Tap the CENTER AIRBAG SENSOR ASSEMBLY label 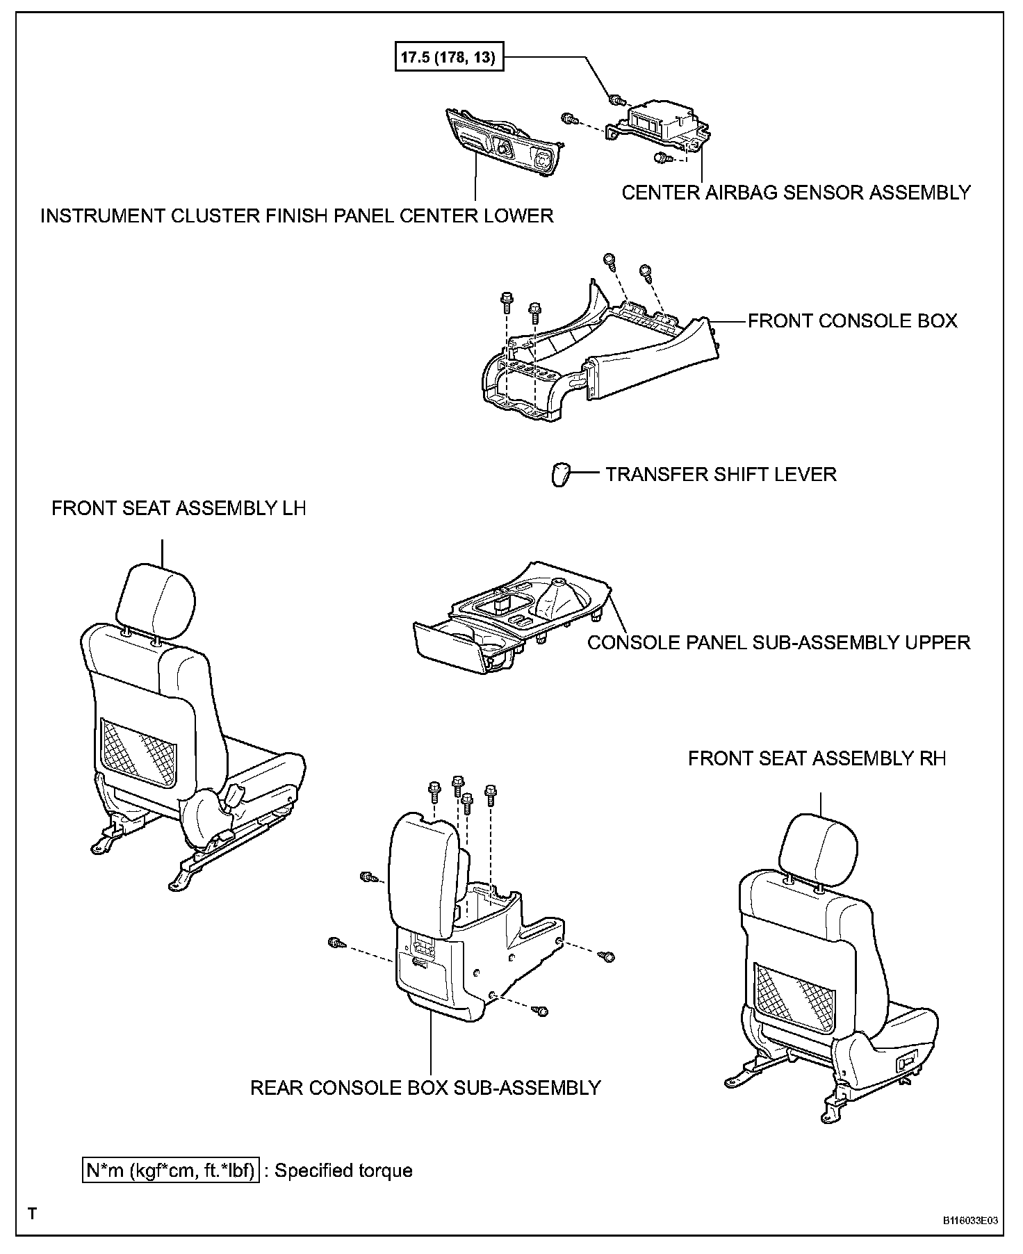pos(796,193)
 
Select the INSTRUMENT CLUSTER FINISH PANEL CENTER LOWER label pos(297,215)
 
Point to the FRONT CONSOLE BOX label pos(852,320)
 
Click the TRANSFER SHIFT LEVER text pos(721,474)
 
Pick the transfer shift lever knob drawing pos(561,475)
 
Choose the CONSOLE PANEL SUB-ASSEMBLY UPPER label pos(778,642)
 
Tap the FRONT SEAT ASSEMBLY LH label pos(179,508)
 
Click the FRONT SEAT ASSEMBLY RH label pos(817,758)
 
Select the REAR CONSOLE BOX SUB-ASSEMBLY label pos(425,1087)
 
